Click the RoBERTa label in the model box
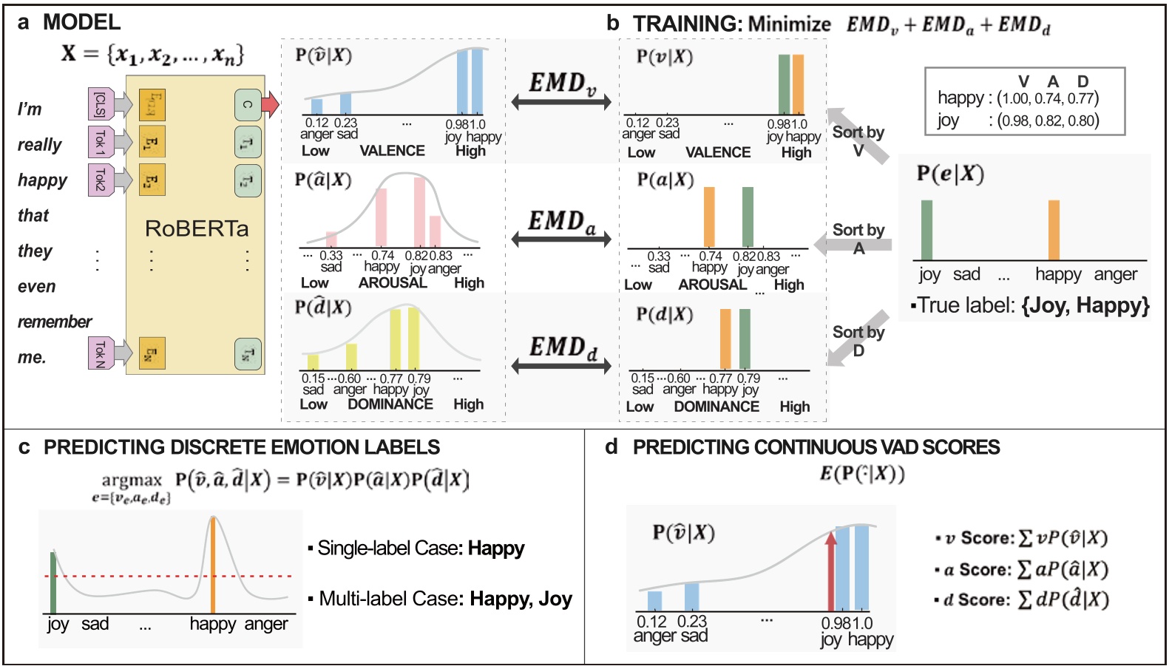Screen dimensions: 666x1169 coord(197,228)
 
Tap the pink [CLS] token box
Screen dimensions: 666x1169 coord(100,104)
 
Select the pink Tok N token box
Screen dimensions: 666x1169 coord(100,353)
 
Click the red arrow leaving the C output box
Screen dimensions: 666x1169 coord(271,103)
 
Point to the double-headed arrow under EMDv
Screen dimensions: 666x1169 coord(561,102)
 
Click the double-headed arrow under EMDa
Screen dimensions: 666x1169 coord(561,239)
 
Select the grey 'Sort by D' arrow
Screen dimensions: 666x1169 coord(858,337)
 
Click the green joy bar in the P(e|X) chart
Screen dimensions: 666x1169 coord(926,230)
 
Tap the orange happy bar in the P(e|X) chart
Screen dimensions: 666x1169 coord(1054,230)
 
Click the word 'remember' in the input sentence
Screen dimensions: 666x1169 coord(55,322)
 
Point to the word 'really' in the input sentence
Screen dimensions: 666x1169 coord(40,144)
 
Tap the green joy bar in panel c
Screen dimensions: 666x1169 coord(53,582)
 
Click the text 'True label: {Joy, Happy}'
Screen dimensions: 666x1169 coord(1031,305)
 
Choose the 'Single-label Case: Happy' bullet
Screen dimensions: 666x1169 coord(417,548)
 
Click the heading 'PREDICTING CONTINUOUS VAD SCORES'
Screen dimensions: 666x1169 coord(816,447)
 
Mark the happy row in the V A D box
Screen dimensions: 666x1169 coord(1017,98)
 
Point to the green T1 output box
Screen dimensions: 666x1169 coord(248,143)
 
